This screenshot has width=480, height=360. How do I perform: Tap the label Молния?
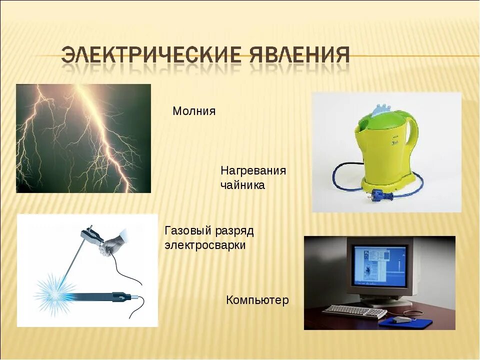click(x=194, y=111)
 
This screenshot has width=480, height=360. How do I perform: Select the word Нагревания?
click(x=253, y=171)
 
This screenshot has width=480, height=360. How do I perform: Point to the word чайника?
click(x=243, y=185)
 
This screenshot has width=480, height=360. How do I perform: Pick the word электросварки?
click(x=205, y=245)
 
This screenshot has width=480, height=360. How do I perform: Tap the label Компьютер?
click(x=257, y=300)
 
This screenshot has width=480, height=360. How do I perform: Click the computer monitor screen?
click(x=379, y=265)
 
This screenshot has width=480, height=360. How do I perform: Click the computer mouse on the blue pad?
click(x=400, y=320)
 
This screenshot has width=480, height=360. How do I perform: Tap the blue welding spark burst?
click(x=55, y=293)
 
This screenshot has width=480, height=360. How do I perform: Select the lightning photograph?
click(x=83, y=138)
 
